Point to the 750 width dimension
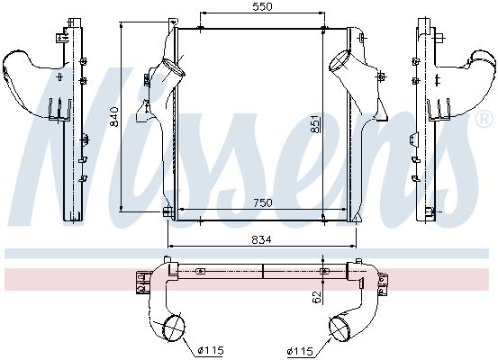(261, 203)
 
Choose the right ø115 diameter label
(301, 350)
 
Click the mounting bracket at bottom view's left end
(142, 283)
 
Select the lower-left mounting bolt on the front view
(168, 211)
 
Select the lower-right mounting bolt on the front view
(351, 211)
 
